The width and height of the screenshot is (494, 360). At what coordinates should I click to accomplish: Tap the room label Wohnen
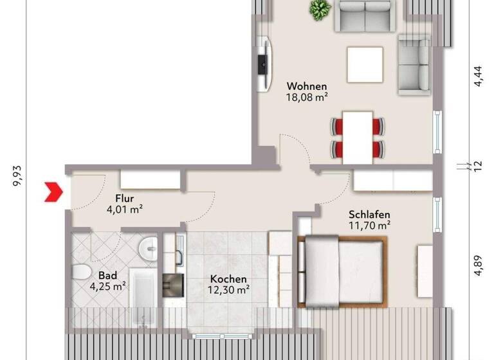[x=307, y=86]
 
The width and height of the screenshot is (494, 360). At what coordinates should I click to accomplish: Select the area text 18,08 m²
[x=307, y=98]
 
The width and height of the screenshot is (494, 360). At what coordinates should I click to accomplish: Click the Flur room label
[x=124, y=197]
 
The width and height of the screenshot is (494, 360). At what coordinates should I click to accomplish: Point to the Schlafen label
[x=370, y=214]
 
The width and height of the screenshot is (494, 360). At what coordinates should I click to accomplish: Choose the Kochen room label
[x=228, y=280]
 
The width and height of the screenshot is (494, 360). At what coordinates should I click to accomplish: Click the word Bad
[x=89, y=275]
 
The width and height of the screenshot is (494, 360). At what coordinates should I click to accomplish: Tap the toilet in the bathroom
[x=82, y=272]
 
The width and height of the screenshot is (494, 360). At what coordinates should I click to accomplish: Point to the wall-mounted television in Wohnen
[x=262, y=64]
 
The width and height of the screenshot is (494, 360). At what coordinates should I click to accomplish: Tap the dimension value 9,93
[x=17, y=175]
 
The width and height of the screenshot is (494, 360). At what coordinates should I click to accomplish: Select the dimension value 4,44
[x=477, y=83]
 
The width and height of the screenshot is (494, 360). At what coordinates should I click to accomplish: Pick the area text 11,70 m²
[x=370, y=226]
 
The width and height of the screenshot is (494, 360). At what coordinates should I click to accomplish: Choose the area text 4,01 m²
[x=124, y=209]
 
